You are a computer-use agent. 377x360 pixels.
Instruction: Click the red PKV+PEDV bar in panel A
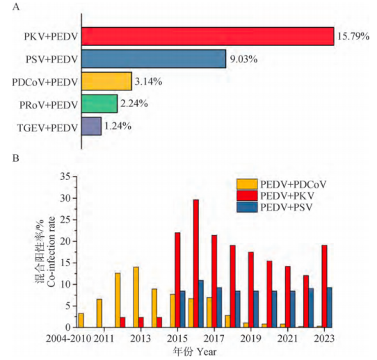click(x=208, y=36)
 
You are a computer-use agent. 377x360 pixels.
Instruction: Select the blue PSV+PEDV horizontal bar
click(x=154, y=59)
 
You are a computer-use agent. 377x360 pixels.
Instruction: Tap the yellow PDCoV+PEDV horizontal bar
click(x=106, y=81)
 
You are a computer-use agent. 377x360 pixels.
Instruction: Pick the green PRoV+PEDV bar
click(x=99, y=104)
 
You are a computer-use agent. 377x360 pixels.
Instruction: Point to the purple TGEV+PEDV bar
click(x=91, y=126)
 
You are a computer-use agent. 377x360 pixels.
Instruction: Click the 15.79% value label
click(x=353, y=36)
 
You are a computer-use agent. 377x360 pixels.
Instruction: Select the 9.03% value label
click(x=244, y=59)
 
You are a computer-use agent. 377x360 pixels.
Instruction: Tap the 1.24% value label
click(x=118, y=126)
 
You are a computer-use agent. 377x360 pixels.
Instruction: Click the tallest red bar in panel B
click(x=196, y=263)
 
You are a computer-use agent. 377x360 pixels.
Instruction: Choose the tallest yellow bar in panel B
click(x=136, y=297)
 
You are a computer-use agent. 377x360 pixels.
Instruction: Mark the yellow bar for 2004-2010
click(x=81, y=320)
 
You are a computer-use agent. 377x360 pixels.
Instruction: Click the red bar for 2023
click(x=324, y=286)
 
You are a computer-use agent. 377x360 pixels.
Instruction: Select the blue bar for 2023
click(x=329, y=307)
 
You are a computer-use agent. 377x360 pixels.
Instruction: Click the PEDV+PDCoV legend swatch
click(x=247, y=184)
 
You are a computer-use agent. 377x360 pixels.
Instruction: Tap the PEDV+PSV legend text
click(x=287, y=207)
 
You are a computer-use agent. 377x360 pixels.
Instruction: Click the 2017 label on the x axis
click(x=214, y=338)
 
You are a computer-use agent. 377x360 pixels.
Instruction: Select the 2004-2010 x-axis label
click(x=69, y=338)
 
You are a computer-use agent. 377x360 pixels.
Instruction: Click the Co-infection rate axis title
click(x=51, y=252)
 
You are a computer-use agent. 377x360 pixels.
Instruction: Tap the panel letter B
click(x=15, y=158)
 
